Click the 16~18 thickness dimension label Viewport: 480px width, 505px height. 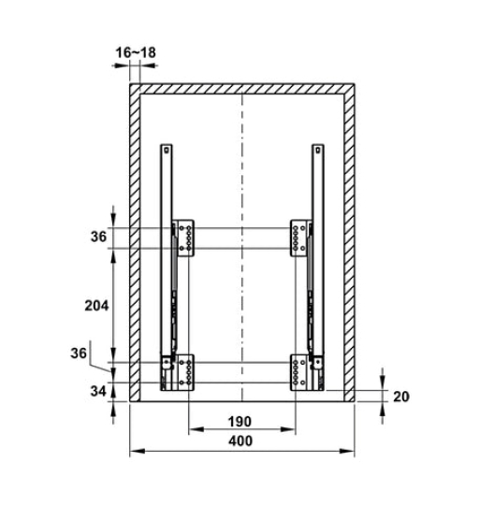[136, 52]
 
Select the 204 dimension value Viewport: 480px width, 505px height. [96, 306]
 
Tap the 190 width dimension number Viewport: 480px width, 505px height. [240, 422]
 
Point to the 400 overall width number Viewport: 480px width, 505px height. [240, 440]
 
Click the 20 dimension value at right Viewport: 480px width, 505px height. [401, 397]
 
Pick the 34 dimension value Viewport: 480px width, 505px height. [98, 391]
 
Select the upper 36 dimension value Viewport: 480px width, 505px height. [98, 237]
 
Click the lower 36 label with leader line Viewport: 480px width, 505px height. [79, 353]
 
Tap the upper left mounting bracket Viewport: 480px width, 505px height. [182, 238]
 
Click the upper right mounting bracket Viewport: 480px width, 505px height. [301, 238]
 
